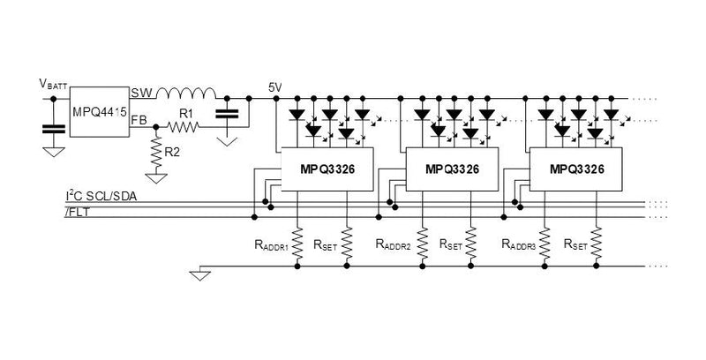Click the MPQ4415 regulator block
point(99,112)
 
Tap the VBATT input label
point(52,84)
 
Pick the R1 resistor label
point(185,114)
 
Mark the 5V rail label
point(274,86)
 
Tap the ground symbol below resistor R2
point(156,177)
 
